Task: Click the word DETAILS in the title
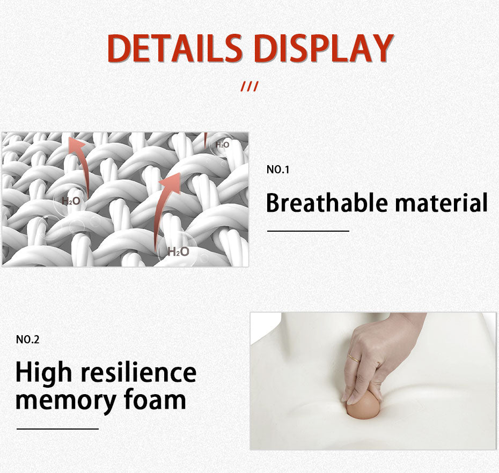[174, 48]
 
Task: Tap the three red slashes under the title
[249, 86]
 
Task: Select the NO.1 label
[278, 169]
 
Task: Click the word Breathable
[327, 203]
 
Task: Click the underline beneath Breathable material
[308, 231]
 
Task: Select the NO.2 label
[28, 339]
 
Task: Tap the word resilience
[138, 372]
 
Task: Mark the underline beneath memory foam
[57, 429]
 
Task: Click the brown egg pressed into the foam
[363, 405]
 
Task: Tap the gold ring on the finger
[354, 358]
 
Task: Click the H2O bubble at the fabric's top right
[222, 145]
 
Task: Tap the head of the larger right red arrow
[172, 183]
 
